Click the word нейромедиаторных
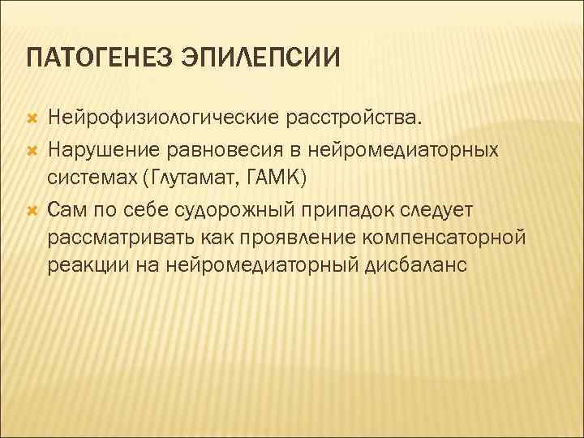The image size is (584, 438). pyautogui.click(x=401, y=150)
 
